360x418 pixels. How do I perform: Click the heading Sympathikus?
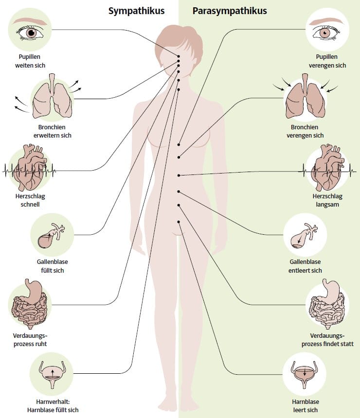pos(136,11)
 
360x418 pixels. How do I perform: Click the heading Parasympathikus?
pos(230,11)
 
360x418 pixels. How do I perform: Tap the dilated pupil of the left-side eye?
pos(32,33)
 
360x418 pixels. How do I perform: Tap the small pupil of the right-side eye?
pos(325,33)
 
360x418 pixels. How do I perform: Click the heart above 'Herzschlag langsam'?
pos(327,167)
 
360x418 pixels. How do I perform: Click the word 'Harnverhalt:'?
pos(53,401)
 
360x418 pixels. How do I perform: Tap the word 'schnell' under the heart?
pos(30,205)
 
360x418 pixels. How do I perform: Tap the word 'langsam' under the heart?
pos(327,205)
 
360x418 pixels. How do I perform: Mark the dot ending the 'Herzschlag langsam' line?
pos(179,175)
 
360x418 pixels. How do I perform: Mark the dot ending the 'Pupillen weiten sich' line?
pos(179,56)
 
